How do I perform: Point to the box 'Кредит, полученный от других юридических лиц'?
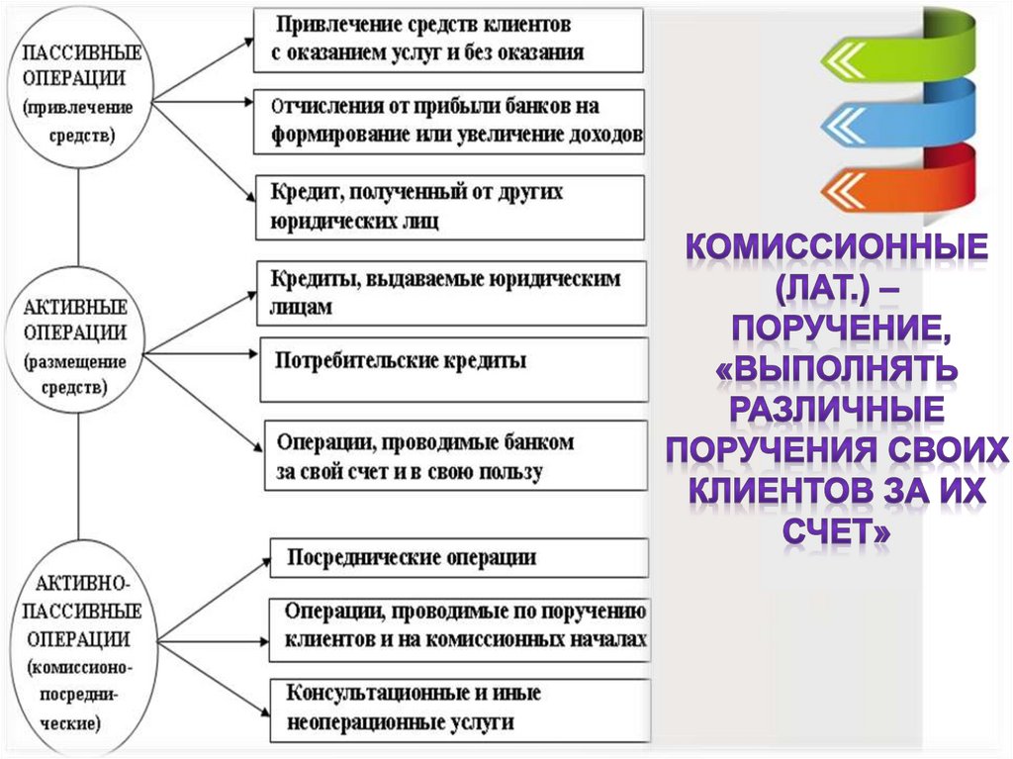pos(449,207)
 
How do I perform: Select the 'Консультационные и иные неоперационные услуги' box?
pos(459,709)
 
